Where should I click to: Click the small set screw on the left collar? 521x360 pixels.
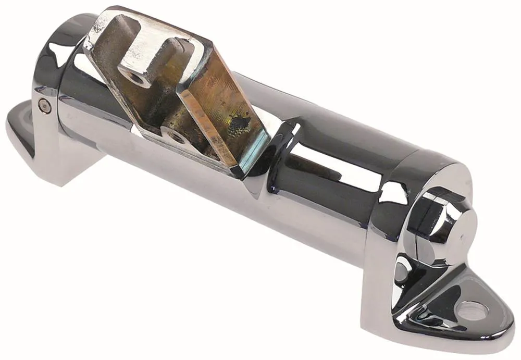46,107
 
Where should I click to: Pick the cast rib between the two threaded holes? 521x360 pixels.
156,104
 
